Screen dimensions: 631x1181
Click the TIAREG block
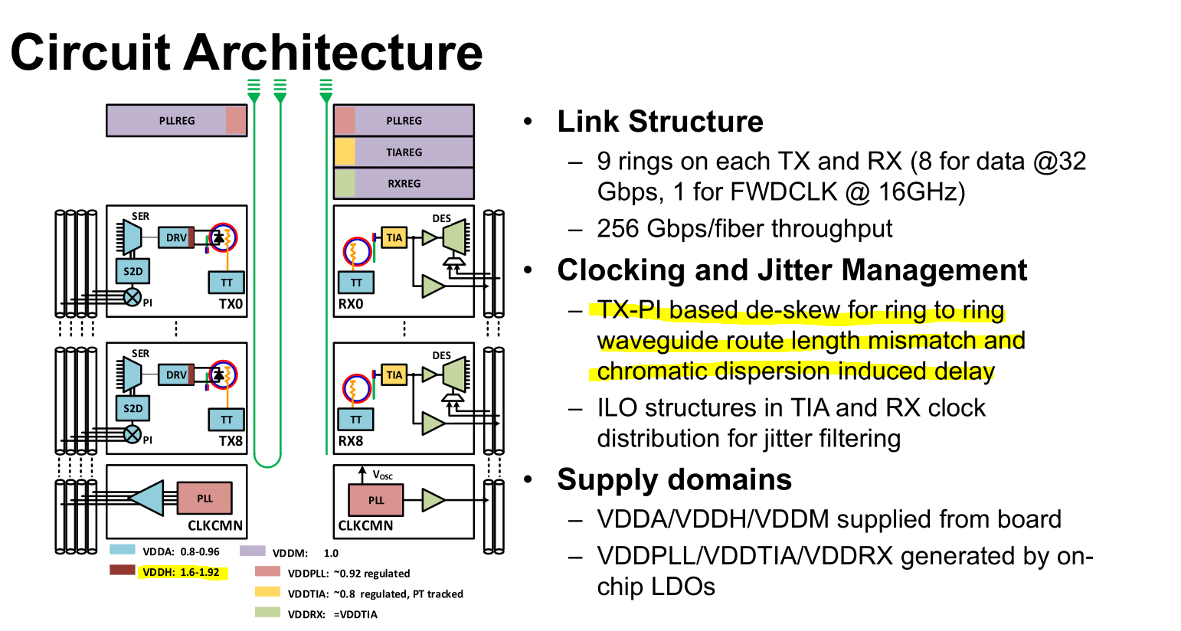tap(404, 152)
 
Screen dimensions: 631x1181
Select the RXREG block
tap(404, 183)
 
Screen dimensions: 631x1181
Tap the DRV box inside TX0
tap(175, 237)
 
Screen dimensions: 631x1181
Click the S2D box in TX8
tap(132, 408)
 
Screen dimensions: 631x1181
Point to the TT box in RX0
tap(356, 283)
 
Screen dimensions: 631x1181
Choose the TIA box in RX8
tap(394, 374)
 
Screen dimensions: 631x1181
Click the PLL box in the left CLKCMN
tap(204, 499)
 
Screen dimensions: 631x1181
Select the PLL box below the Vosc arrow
tap(376, 500)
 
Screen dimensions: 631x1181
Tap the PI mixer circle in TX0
tap(132, 296)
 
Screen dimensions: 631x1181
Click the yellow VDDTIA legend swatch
tap(267, 592)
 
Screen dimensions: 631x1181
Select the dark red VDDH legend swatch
tap(122, 571)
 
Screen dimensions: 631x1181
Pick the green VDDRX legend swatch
tap(267, 613)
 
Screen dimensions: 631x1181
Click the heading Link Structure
tap(659, 121)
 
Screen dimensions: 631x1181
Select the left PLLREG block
tap(176, 120)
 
